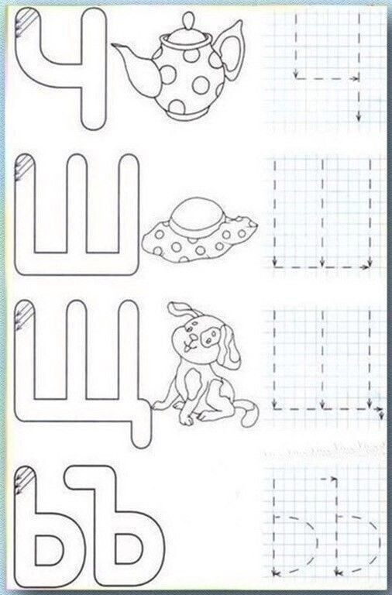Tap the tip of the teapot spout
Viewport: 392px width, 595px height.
112,45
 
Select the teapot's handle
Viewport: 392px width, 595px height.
230,47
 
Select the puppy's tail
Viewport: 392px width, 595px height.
248,414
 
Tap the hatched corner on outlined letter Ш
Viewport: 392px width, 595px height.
24,167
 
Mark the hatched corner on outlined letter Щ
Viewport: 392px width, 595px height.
24,314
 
